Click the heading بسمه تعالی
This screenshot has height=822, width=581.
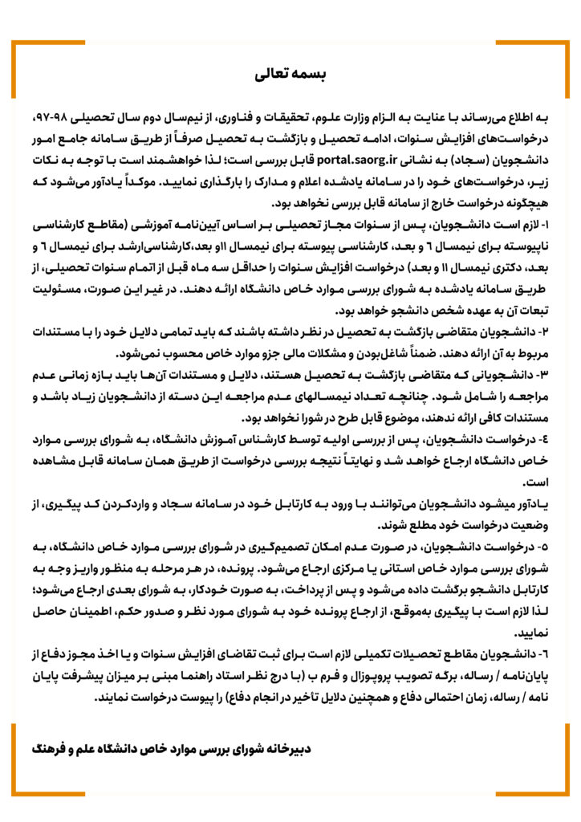click(290, 75)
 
